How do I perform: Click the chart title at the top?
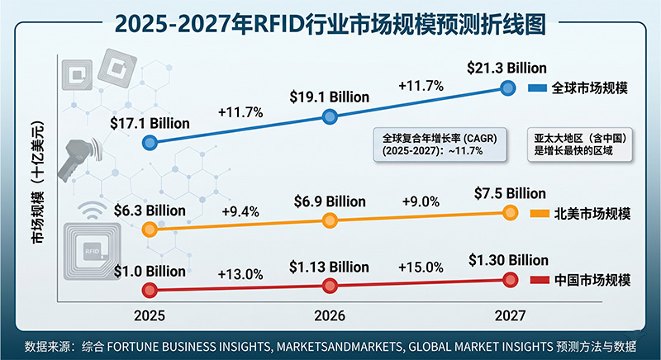click(x=330, y=22)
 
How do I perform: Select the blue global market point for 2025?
click(x=150, y=143)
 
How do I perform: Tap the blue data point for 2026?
click(x=330, y=116)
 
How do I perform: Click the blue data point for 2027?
click(x=509, y=88)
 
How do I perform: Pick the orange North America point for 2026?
click(x=330, y=220)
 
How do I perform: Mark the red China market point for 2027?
click(x=509, y=281)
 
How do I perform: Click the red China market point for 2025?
click(x=150, y=289)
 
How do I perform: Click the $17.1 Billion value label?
click(x=150, y=123)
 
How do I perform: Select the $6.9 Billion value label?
click(x=330, y=201)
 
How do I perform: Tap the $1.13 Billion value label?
click(x=330, y=266)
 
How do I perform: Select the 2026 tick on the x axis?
click(x=330, y=315)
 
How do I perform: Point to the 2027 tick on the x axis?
click(x=509, y=315)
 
